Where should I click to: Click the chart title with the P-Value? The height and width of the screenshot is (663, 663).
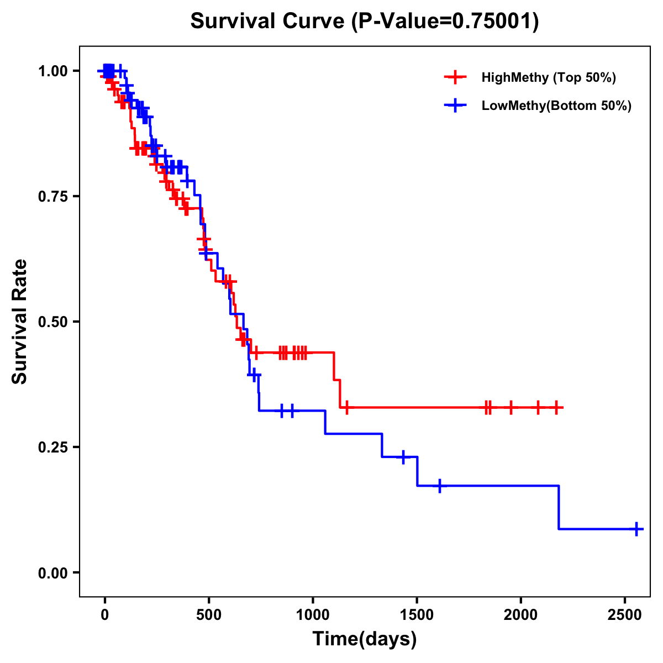[x=365, y=22]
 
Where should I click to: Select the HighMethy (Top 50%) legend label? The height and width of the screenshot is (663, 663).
[x=549, y=77]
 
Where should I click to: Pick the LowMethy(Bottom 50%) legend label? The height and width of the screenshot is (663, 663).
[x=556, y=106]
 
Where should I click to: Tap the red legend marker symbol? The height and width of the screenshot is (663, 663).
[x=455, y=77]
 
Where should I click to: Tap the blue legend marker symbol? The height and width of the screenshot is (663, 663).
[x=455, y=106]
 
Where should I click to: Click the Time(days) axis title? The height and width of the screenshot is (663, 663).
[x=365, y=639]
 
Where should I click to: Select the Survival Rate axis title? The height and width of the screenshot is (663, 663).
[x=20, y=322]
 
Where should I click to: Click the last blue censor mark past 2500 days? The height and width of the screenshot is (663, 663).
[x=636, y=529]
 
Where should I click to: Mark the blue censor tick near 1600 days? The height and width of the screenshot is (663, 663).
[x=440, y=486]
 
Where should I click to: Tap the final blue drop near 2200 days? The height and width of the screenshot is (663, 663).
[x=559, y=507]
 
